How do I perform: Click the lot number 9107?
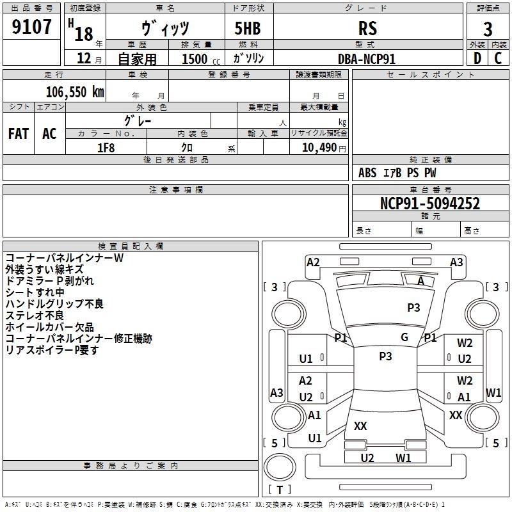click(31, 27)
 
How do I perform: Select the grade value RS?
click(367, 28)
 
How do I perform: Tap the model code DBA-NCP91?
click(367, 59)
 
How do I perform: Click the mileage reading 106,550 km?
click(75, 92)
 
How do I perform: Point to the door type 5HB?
click(248, 28)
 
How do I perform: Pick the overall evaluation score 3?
click(488, 29)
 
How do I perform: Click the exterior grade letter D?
click(477, 58)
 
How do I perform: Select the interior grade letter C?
click(498, 58)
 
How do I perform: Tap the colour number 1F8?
click(106, 148)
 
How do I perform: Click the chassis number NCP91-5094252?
click(430, 204)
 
